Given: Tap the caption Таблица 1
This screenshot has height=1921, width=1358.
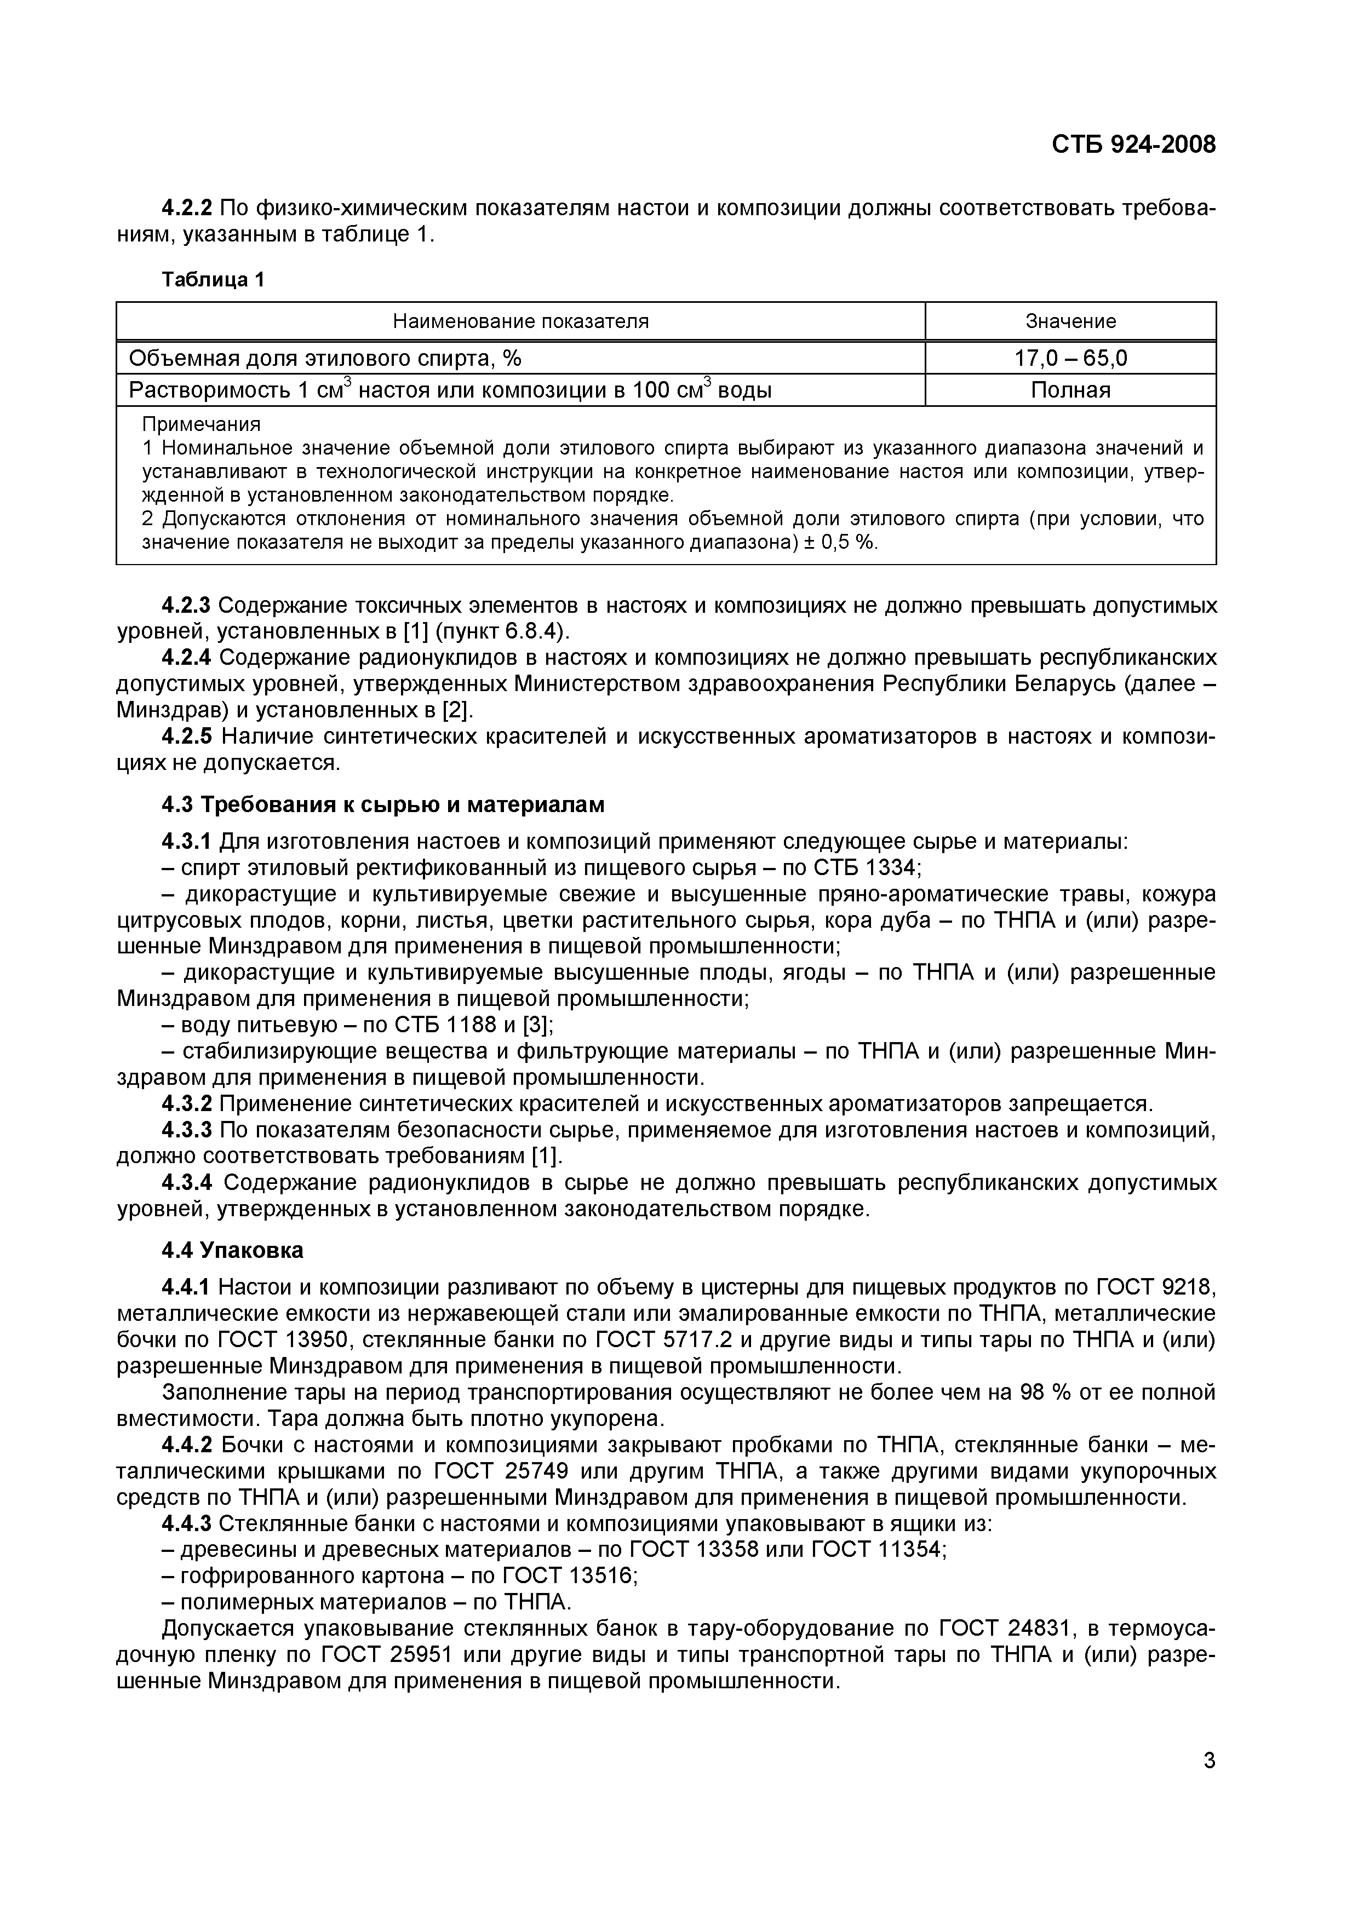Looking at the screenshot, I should (213, 279).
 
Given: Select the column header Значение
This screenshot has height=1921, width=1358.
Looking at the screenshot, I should (1070, 321).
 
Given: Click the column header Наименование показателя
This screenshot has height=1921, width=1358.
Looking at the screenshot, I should (520, 321).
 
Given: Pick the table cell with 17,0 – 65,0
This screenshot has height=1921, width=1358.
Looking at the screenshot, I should (1070, 359).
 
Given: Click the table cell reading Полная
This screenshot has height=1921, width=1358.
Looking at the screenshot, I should (1070, 390).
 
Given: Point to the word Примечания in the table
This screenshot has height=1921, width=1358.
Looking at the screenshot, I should (201, 424).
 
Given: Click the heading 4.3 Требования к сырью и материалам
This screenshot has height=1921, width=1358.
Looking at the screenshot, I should (382, 805).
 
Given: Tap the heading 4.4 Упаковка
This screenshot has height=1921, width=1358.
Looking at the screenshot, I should (232, 1251).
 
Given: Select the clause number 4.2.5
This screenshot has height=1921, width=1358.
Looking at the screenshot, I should (187, 737).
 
